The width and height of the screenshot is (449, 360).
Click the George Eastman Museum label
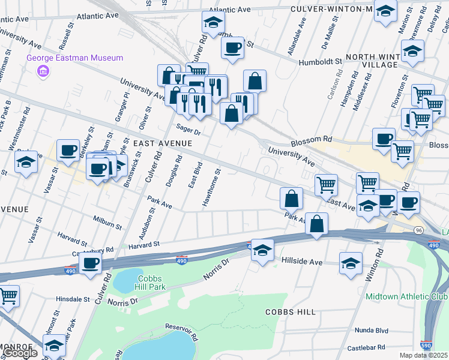coord(75,58)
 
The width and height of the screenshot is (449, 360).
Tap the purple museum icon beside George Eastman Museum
coord(43,72)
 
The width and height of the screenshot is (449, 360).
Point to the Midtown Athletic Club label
coord(406,297)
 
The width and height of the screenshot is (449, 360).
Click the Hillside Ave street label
coord(303,262)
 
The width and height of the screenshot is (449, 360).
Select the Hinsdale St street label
coord(72,298)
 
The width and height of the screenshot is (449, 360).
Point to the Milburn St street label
coord(107,223)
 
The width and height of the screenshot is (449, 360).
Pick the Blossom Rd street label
coord(312,139)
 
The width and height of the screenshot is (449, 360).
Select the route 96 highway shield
coord(418,230)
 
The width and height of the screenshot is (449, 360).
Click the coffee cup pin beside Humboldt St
coord(232,47)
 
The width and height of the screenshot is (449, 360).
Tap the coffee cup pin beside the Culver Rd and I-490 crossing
coord(90,262)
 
